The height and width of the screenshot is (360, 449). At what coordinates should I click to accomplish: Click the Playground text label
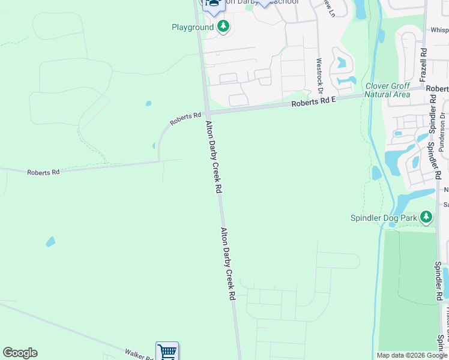(x=192, y=27)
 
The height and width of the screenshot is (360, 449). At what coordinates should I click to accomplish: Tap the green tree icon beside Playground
(x=223, y=26)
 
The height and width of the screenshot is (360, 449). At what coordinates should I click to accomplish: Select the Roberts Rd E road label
(x=313, y=101)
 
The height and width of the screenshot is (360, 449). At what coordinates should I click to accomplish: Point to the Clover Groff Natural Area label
(x=388, y=90)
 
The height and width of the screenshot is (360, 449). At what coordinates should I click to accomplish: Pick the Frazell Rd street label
(x=423, y=65)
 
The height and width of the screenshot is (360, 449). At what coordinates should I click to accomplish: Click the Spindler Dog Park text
(x=384, y=218)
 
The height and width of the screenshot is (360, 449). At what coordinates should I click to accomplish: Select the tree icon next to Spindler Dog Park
(x=426, y=217)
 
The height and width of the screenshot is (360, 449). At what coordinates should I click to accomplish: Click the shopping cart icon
(x=167, y=352)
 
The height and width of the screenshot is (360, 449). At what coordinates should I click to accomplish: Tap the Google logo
(x=20, y=353)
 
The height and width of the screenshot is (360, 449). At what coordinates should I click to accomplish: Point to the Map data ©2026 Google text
(x=412, y=355)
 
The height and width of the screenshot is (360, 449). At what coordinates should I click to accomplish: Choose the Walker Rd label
(x=139, y=355)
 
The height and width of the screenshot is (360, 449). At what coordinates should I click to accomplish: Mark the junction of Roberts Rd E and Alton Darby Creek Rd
(x=206, y=113)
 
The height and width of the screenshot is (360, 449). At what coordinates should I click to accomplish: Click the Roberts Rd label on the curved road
(x=185, y=119)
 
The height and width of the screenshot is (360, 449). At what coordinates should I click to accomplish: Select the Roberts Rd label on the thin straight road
(x=43, y=172)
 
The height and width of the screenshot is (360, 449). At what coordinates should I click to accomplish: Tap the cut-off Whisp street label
(x=439, y=29)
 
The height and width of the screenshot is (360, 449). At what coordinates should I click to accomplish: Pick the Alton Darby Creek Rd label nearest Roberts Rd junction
(x=214, y=157)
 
